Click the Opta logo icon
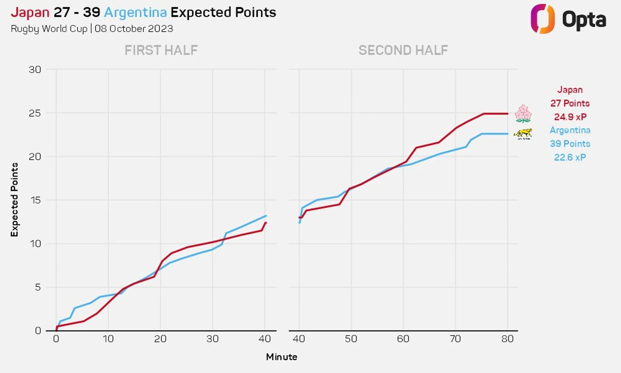pos(542,19)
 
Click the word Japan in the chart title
pos(30,12)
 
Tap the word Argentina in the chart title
pos(135,12)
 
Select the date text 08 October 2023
pos(134,29)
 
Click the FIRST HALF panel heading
pos(161,50)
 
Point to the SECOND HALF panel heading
pos(403,50)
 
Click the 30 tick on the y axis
pos(35,69)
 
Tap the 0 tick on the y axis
pos(38,330)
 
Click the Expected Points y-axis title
pos(14,199)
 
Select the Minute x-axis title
pos(282,357)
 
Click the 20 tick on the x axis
pos(160,339)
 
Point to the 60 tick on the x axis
pos(403,339)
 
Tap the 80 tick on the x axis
pos(507,339)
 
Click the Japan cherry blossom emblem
pos(523,114)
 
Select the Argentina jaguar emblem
pos(523,134)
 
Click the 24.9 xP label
pos(570,117)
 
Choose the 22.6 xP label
pos(570,157)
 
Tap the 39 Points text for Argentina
pos(570,143)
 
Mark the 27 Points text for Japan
pos(570,103)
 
